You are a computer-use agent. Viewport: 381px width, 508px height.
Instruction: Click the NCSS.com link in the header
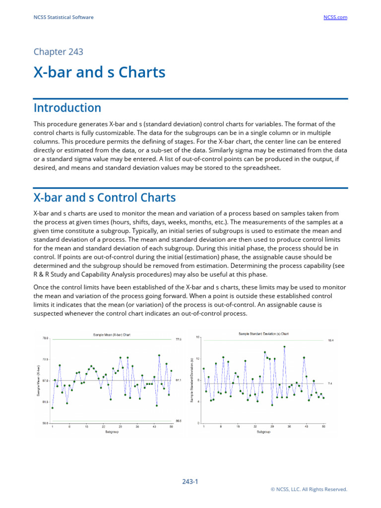[x=335, y=17]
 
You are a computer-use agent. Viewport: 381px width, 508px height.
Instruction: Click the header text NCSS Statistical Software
[x=63, y=17]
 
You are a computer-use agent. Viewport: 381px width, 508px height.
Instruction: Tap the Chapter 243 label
[x=58, y=52]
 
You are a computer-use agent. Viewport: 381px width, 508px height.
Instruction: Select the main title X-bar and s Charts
[x=99, y=72]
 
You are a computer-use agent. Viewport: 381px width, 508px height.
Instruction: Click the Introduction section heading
[x=67, y=108]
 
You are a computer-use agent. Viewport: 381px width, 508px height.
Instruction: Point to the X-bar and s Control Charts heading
[x=104, y=197]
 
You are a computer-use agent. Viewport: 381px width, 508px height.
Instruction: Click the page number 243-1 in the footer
[x=190, y=481]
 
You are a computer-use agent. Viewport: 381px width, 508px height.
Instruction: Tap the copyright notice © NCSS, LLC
[x=309, y=489]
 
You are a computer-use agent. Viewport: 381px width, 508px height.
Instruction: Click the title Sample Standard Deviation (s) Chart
[x=260, y=334]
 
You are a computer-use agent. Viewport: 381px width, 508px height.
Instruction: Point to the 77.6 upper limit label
[x=179, y=340]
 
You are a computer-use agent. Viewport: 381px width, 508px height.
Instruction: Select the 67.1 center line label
[x=179, y=381]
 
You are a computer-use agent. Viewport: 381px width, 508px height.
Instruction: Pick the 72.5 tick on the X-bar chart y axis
[x=45, y=359]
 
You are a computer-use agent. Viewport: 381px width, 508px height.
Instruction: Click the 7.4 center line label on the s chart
[x=330, y=383]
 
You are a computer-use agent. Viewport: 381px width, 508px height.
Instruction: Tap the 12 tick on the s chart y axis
[x=197, y=359]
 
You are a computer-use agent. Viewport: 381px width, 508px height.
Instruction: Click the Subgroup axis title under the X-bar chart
[x=112, y=432]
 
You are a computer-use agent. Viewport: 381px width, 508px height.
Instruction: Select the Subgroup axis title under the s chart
[x=263, y=432]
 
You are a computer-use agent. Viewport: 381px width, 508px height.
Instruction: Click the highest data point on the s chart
[x=284, y=347]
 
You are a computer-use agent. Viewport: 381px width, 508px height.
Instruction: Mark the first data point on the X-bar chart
[x=53, y=408]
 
